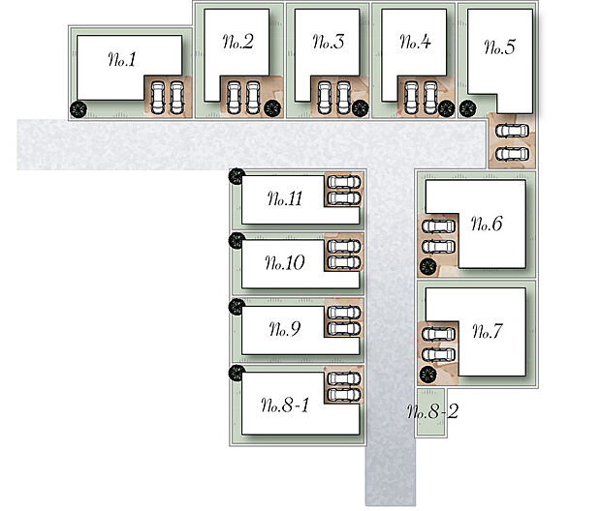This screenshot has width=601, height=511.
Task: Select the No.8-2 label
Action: click(432, 413)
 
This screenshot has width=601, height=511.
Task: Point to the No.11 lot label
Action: click(285, 199)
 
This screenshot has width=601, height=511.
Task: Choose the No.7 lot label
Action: click(487, 332)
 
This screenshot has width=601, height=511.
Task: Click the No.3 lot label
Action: click(329, 43)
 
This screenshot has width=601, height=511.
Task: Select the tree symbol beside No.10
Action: click(235, 240)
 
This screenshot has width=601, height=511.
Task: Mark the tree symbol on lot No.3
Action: click(361, 107)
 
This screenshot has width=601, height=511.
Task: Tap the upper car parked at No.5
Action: click(510, 131)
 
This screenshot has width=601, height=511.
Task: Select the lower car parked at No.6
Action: click(438, 245)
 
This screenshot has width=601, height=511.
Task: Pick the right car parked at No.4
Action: click(429, 95)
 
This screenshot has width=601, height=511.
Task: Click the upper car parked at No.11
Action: click(342, 182)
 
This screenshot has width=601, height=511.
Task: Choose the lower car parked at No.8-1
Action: click(343, 395)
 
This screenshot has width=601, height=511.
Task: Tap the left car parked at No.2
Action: click(235, 95)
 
